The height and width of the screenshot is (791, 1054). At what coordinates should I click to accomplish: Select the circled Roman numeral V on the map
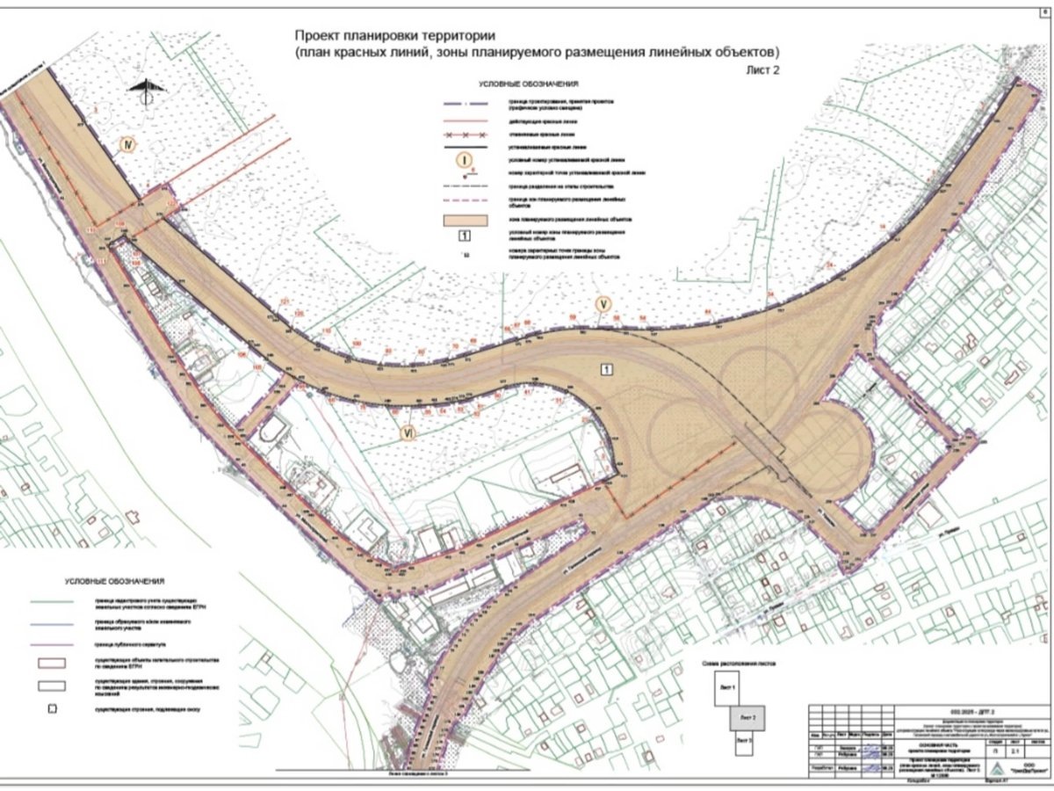click(x=603, y=305)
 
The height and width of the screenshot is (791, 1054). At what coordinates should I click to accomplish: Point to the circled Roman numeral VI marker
click(x=407, y=432)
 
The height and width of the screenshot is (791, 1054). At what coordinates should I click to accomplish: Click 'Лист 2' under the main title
click(x=762, y=68)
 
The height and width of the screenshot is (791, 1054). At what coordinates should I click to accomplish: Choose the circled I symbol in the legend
click(x=466, y=160)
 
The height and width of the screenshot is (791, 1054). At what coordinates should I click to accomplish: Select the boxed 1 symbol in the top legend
click(x=466, y=235)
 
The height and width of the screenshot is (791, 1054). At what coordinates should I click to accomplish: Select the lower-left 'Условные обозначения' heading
click(x=114, y=582)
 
